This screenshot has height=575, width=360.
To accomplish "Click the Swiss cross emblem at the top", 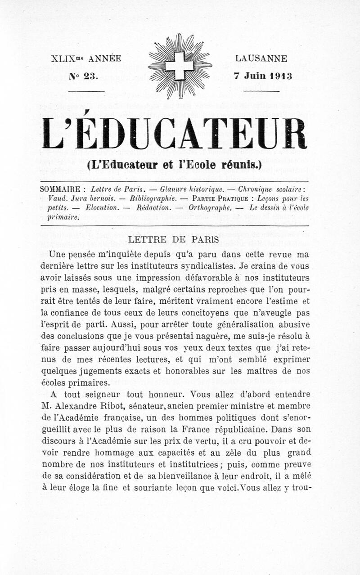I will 180,66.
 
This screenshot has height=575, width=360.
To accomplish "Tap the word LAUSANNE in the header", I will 261,58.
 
